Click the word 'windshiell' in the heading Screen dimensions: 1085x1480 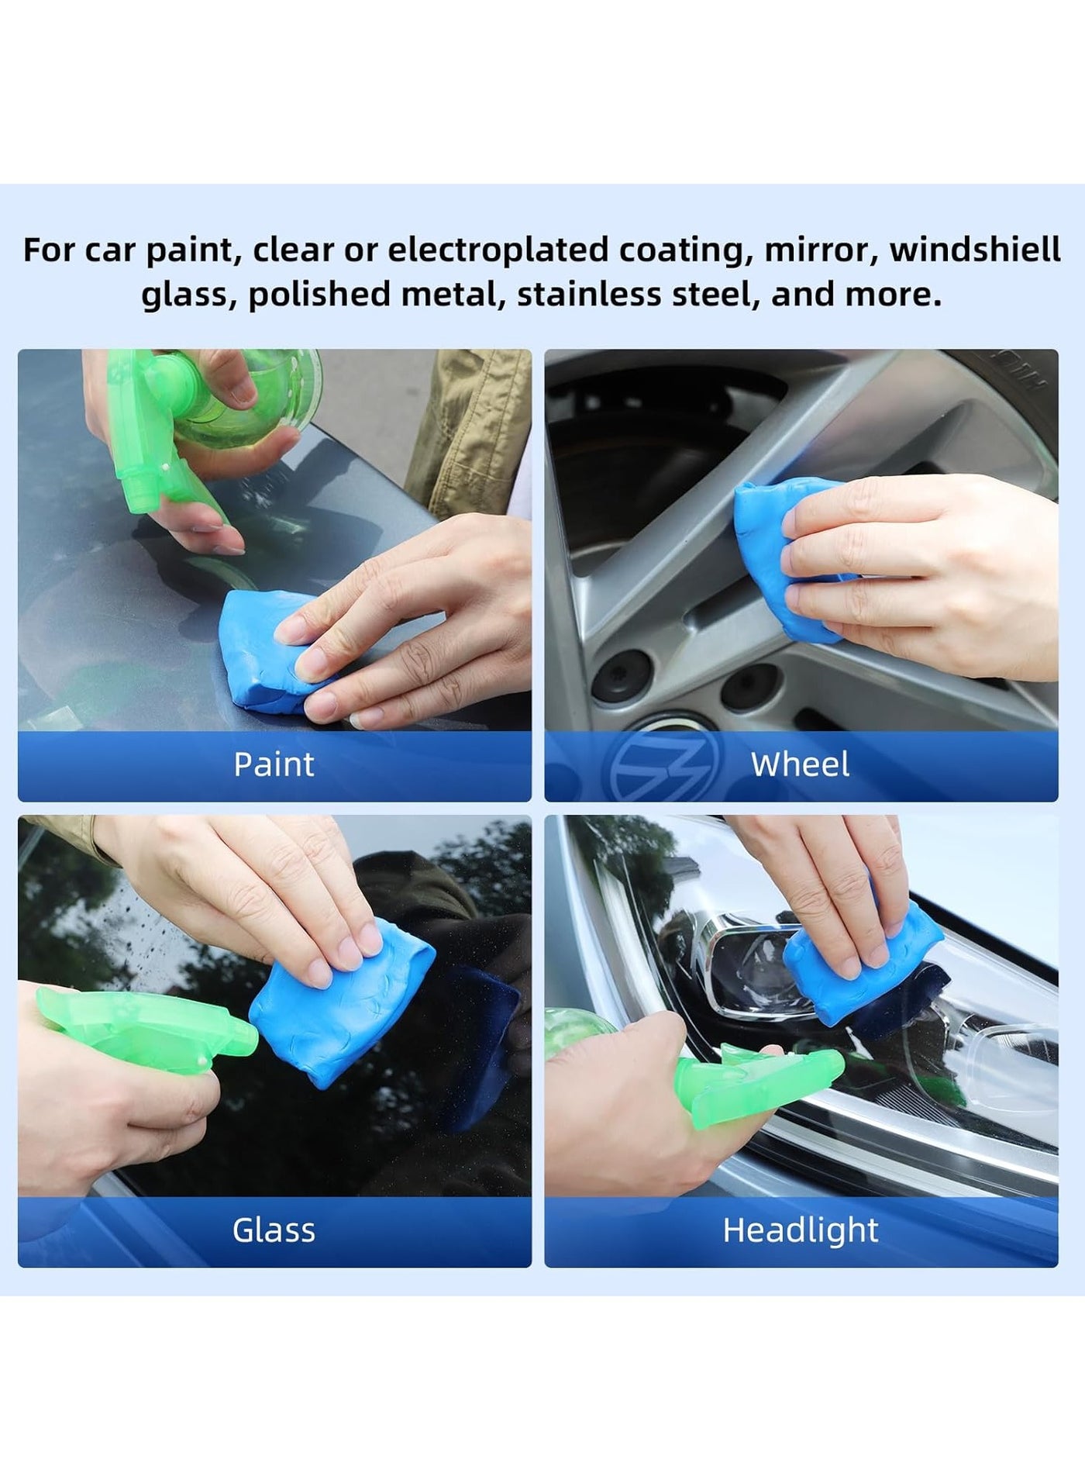[x=975, y=250]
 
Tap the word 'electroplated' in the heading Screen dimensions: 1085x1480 [x=498, y=250]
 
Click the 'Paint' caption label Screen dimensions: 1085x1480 [x=274, y=764]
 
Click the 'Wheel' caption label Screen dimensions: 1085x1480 [x=801, y=764]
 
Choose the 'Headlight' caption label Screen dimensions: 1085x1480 [x=801, y=1230]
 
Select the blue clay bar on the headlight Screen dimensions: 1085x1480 [x=860, y=961]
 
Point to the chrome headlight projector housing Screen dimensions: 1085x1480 [x=744, y=969]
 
